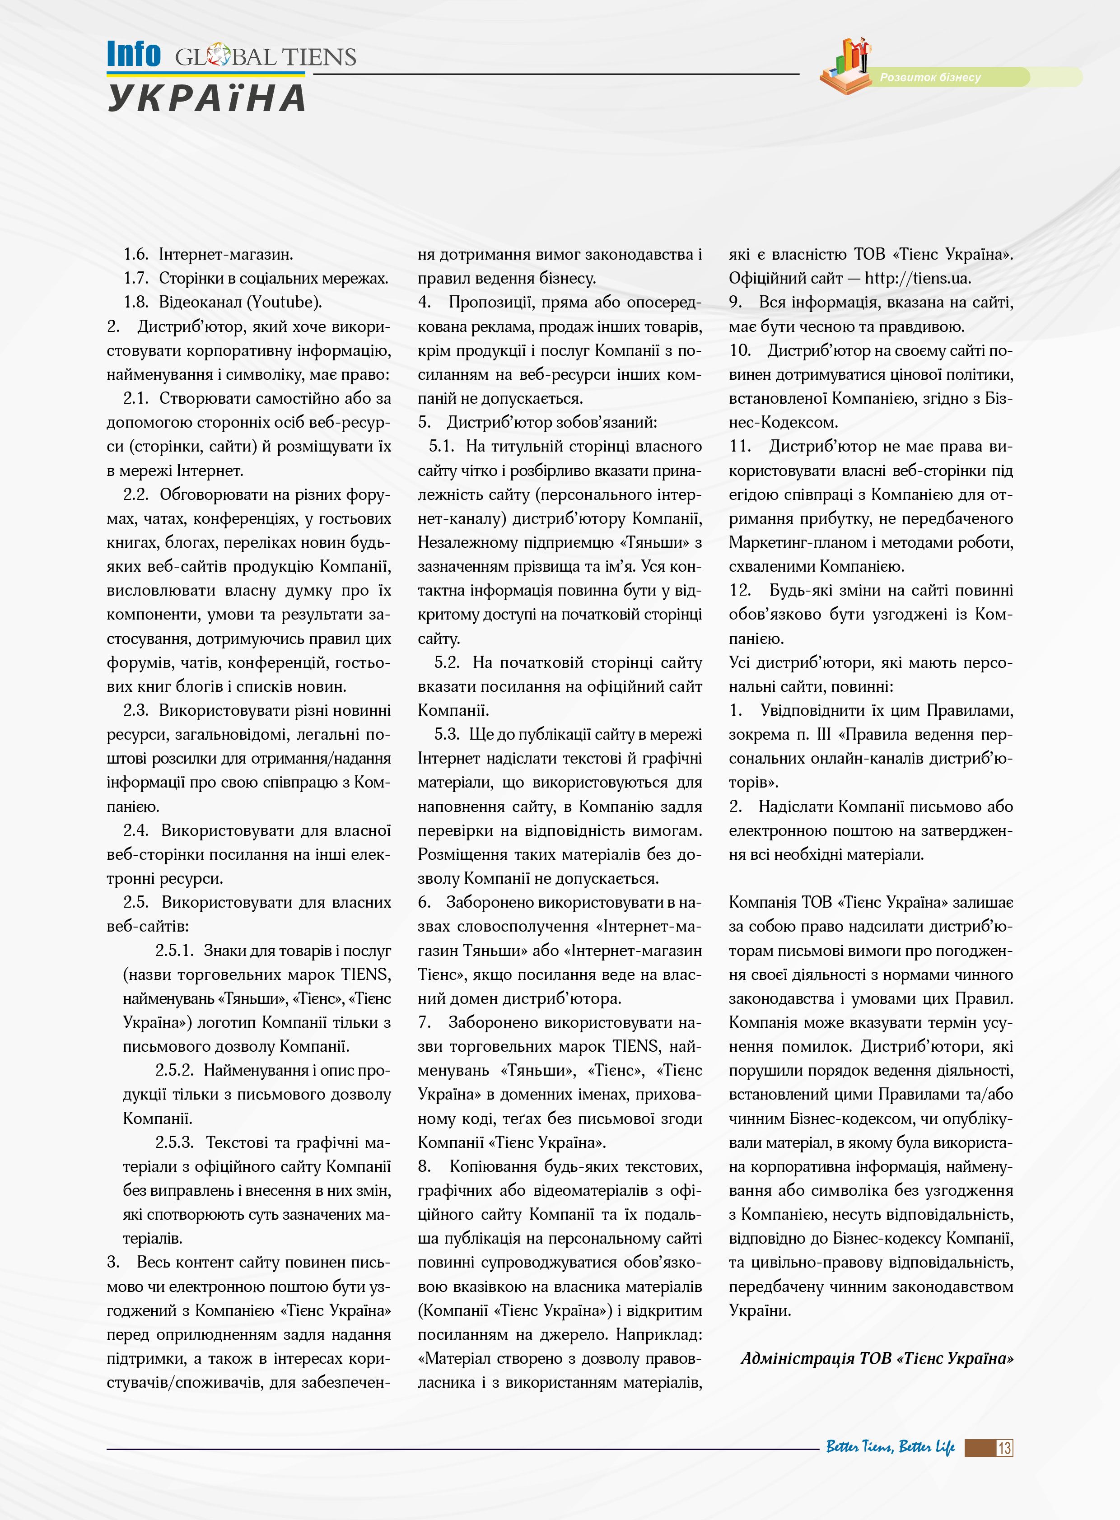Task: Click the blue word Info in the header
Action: pyautogui.click(x=134, y=54)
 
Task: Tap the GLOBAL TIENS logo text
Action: pyautogui.click(x=265, y=57)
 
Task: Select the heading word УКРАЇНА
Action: pyautogui.click(x=207, y=98)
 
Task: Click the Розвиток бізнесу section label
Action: pyautogui.click(x=930, y=77)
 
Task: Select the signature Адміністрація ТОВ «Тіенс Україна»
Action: pyautogui.click(x=877, y=1358)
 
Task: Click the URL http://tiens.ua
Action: pyautogui.click(x=917, y=278)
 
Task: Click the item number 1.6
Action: pyautogui.click(x=135, y=254)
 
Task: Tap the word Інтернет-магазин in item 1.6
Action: pyautogui.click(x=226, y=254)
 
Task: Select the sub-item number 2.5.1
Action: pyautogui.click(x=174, y=951)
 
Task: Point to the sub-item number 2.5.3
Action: pyautogui.click(x=174, y=1142)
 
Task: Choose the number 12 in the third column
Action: pyautogui.click(x=740, y=591)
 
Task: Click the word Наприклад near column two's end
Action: pyautogui.click(x=659, y=1334)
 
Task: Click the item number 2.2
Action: pyautogui.click(x=135, y=494)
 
